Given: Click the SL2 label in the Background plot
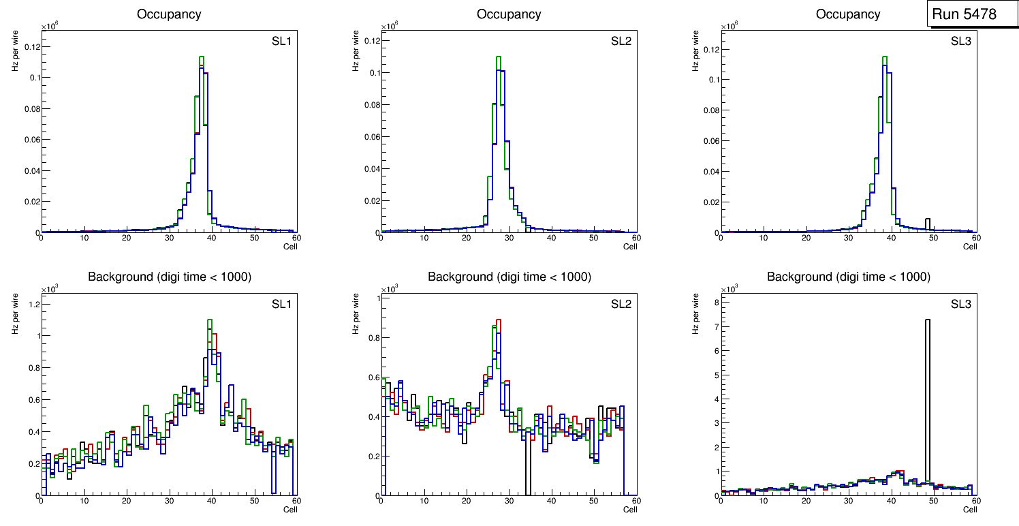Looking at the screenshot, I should [x=621, y=304].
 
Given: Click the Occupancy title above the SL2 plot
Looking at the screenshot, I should [x=509, y=14].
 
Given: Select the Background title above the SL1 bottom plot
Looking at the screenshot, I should [x=169, y=277].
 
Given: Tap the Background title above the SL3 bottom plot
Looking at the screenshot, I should [x=849, y=277].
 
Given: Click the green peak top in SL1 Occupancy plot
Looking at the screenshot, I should [x=202, y=57].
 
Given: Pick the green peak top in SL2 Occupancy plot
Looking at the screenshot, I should [x=499, y=57].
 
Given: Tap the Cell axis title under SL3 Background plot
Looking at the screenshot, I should [x=970, y=510].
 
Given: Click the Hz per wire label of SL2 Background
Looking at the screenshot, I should [x=355, y=313].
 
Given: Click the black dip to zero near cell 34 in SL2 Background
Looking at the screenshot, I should [x=527, y=477].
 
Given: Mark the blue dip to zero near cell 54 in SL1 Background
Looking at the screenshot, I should [x=272, y=477].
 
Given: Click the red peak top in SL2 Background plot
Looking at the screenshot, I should [x=499, y=320].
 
